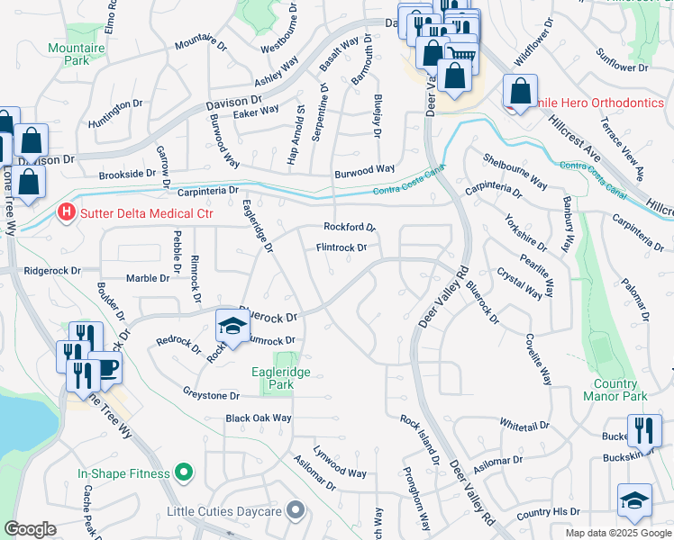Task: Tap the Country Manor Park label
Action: (x=615, y=389)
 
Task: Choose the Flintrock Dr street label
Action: (x=342, y=247)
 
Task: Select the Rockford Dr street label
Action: (x=349, y=228)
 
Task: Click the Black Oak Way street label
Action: (x=259, y=418)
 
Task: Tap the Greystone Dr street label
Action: (x=211, y=395)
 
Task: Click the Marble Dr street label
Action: (x=148, y=278)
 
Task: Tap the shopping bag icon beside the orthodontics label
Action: (x=520, y=91)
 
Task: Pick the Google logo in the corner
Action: (x=30, y=530)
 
